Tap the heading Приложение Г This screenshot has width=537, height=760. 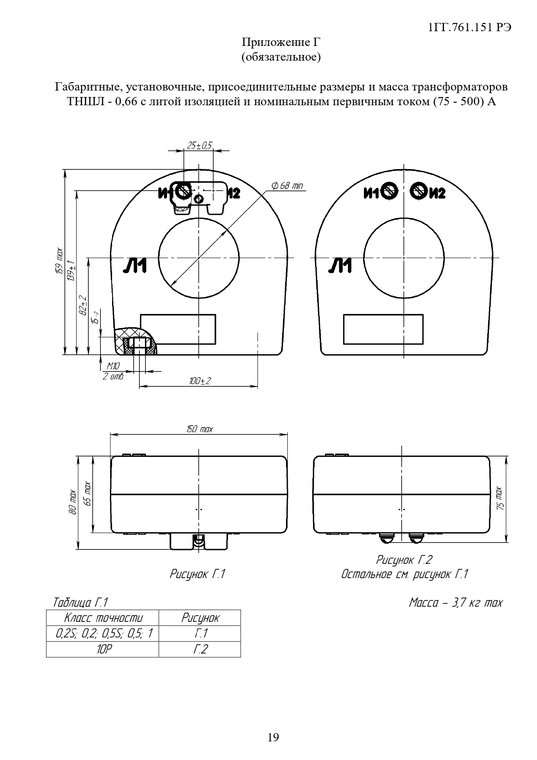point(281,42)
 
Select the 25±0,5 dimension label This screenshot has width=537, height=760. point(199,146)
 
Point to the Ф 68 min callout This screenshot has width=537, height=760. point(287,186)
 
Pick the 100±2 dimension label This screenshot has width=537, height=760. point(199,381)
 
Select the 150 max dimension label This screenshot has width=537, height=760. point(199,429)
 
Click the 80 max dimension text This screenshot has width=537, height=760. point(73,503)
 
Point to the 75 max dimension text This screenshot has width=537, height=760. point(499,498)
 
